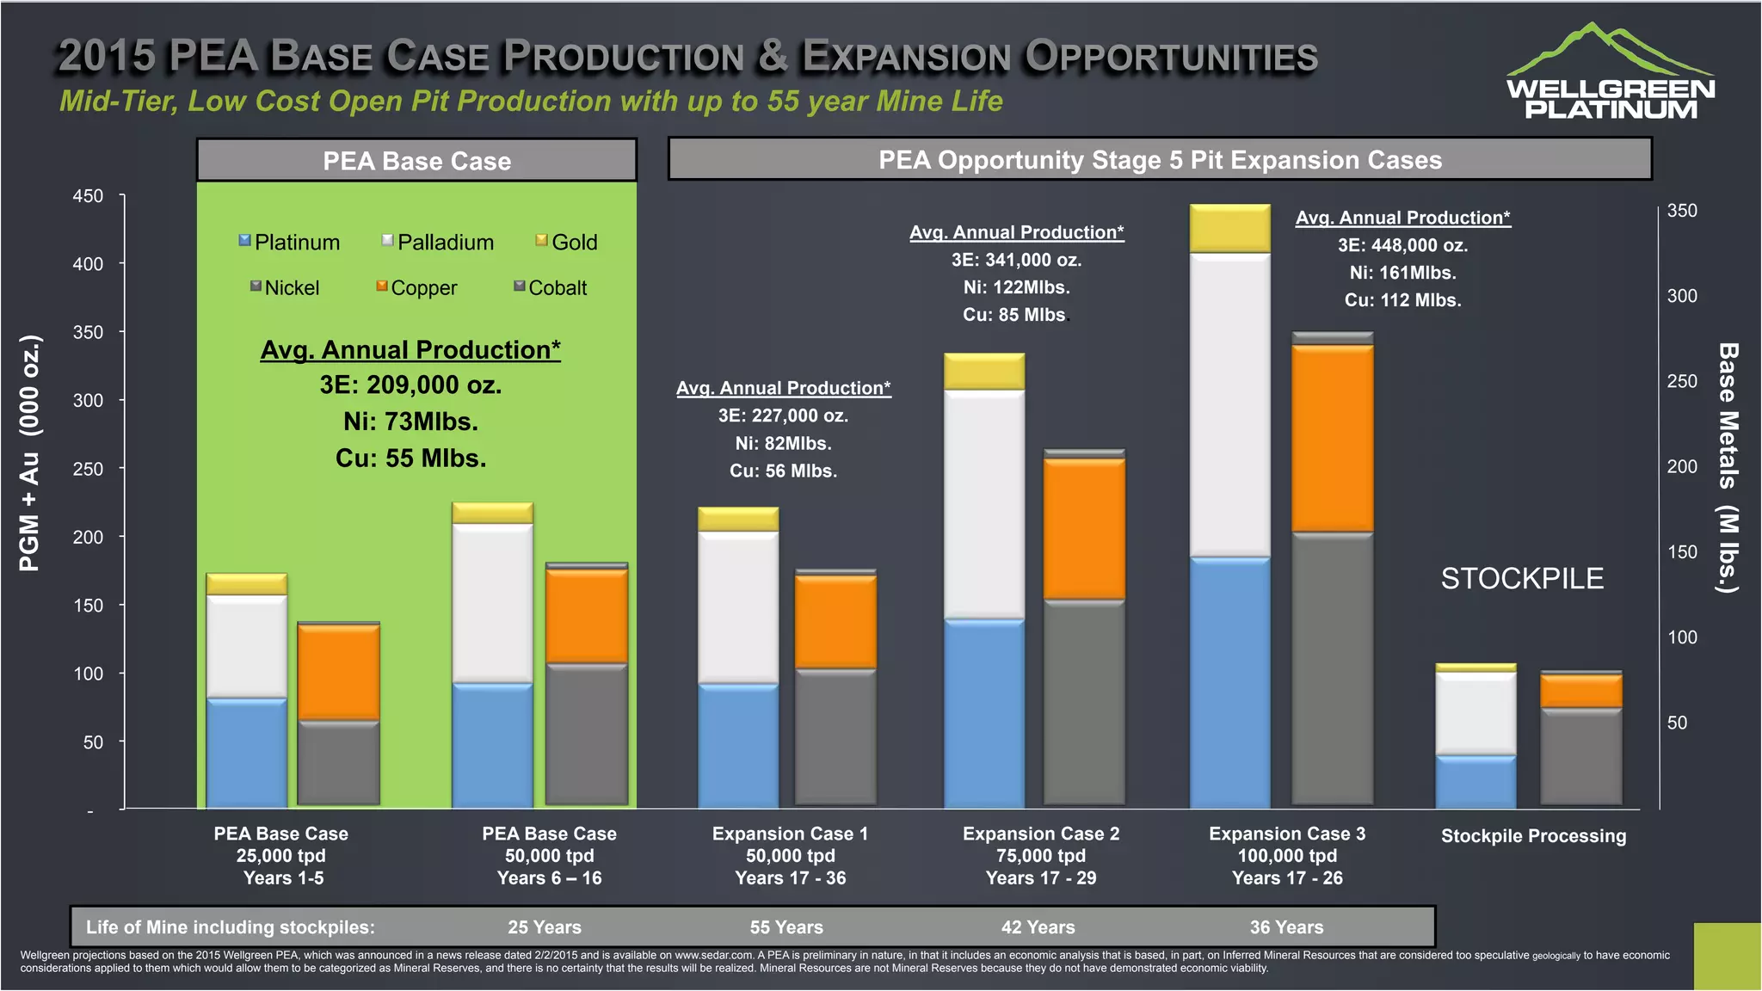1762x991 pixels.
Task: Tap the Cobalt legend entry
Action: coord(551,288)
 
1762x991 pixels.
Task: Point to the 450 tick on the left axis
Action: coord(88,196)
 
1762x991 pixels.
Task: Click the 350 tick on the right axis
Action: coord(1682,211)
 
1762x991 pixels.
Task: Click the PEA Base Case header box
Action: coord(416,161)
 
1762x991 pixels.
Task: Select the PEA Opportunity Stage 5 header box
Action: coord(1160,160)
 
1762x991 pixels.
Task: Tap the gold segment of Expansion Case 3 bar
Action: coord(1229,229)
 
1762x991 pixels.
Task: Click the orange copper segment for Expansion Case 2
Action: coord(1084,528)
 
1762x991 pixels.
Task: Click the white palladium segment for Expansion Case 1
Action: coord(738,606)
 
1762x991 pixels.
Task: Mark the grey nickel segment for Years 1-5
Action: coord(338,762)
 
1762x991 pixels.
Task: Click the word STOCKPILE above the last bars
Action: coord(1522,579)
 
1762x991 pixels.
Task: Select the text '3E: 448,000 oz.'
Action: coord(1402,246)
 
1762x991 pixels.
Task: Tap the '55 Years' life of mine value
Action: coord(786,927)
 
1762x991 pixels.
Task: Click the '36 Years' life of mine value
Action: coord(1286,927)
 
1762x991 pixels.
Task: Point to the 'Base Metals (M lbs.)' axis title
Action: coord(1728,468)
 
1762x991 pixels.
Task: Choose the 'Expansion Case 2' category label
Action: coord(1041,834)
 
